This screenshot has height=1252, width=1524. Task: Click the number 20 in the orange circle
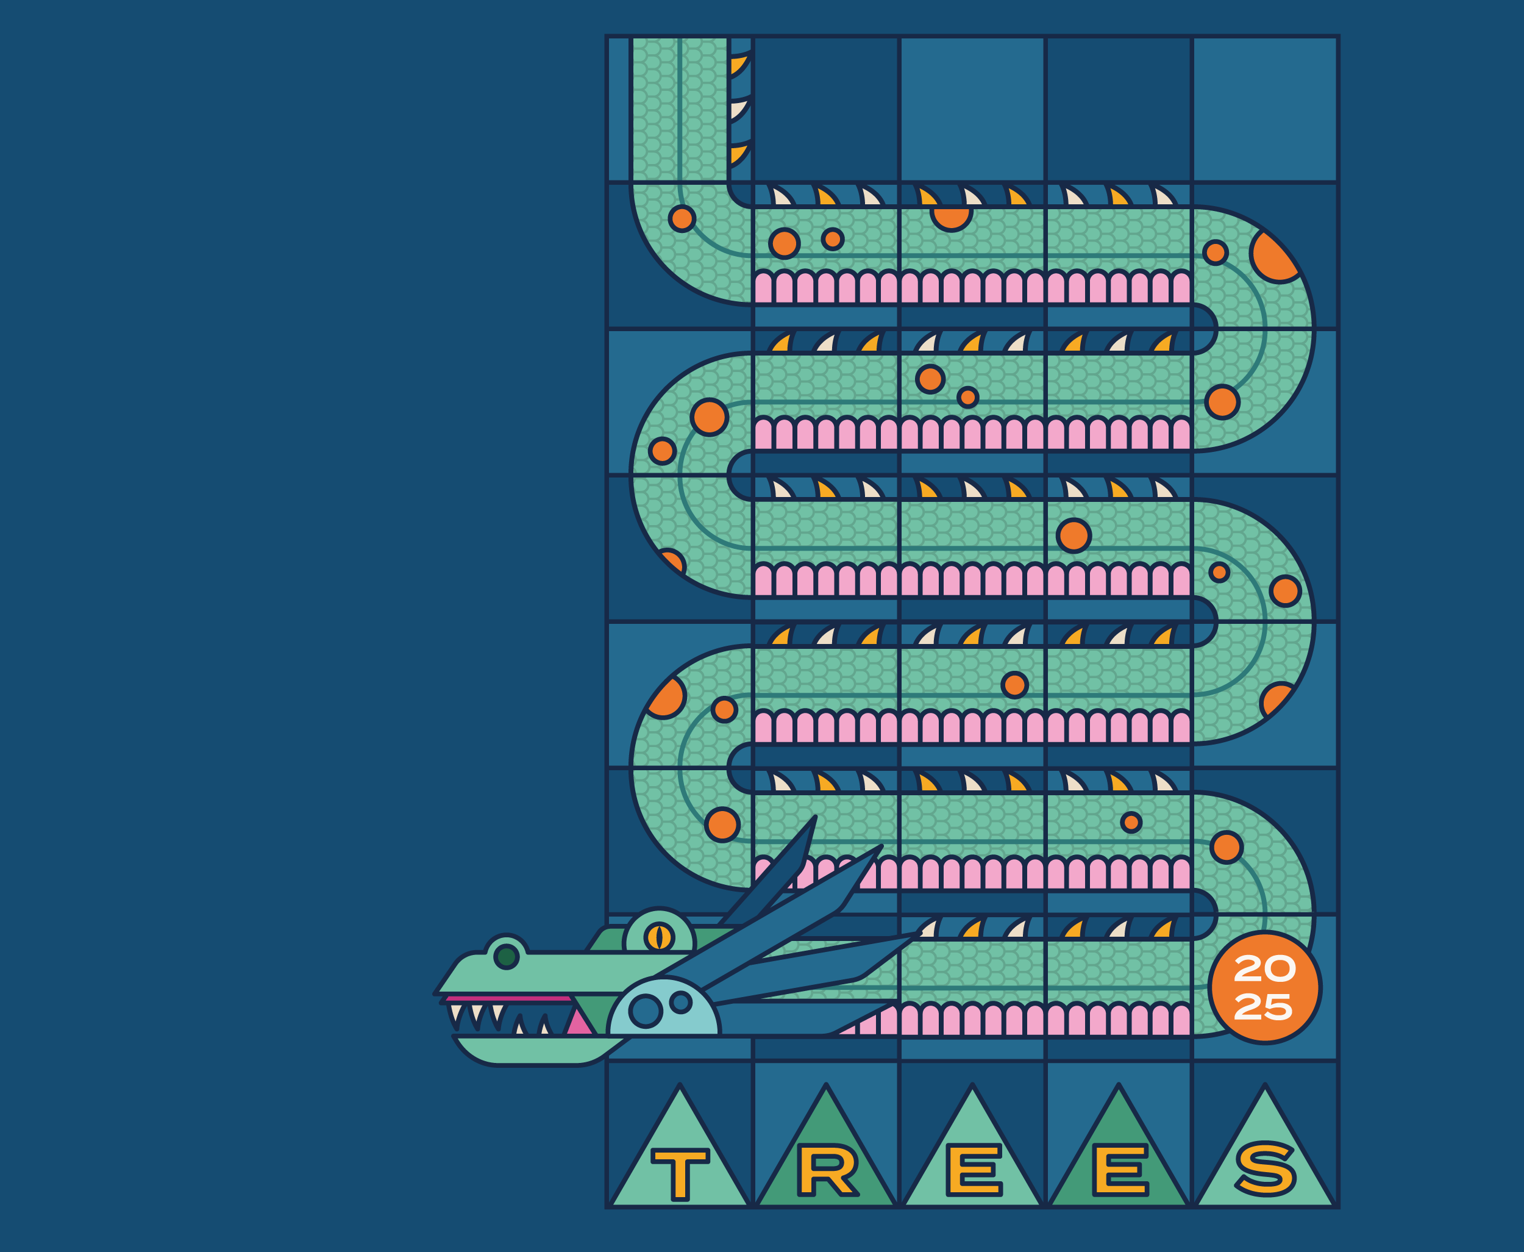[1264, 969]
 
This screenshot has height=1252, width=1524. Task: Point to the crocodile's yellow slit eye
[658, 937]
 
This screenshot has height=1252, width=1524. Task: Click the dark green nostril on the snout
[506, 957]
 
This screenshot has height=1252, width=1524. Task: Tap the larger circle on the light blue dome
[645, 1011]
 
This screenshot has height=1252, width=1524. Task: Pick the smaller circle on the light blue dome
[680, 1002]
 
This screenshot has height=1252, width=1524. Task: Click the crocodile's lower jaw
[533, 1050]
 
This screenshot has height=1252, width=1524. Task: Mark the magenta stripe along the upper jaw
[508, 999]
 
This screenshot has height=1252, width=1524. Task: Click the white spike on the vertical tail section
[738, 110]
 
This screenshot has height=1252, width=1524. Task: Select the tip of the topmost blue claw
[814, 818]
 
